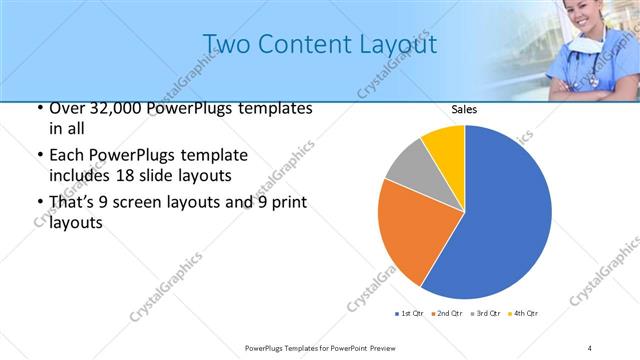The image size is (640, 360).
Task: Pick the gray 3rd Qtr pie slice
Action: (x=408, y=167)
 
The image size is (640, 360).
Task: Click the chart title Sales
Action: (x=463, y=109)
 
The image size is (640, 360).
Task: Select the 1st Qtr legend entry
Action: (x=410, y=314)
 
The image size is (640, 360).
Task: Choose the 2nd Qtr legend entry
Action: (x=446, y=314)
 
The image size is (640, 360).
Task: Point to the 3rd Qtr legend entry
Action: (x=483, y=314)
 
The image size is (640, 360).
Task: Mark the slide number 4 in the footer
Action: (x=590, y=347)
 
